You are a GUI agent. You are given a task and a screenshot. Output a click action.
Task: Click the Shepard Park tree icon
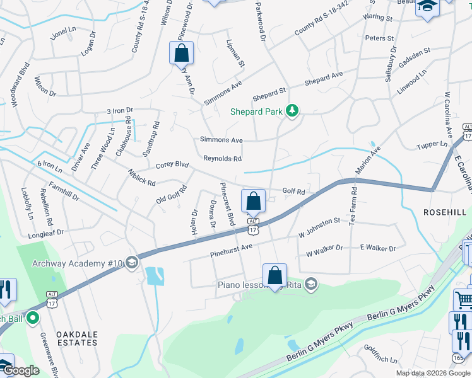(292, 111)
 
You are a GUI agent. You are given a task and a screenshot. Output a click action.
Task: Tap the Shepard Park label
(256, 111)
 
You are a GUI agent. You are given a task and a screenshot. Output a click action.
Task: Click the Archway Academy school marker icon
(132, 262)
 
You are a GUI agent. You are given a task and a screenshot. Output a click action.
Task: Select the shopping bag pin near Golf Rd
(253, 202)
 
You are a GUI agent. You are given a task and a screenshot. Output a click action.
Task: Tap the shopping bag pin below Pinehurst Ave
(274, 276)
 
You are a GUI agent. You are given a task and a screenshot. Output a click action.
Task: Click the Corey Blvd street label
(172, 165)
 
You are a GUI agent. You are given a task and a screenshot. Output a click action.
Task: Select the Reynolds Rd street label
(222, 159)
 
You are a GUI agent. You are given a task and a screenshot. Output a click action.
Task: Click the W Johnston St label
(319, 237)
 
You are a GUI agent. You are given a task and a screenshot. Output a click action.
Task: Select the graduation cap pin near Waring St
(427, 8)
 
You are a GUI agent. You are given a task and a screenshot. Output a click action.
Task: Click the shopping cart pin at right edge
(464, 300)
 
